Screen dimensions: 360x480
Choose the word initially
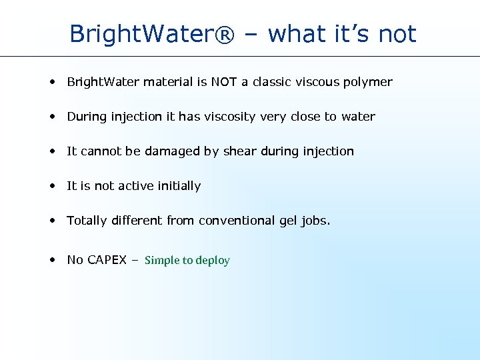pyautogui.click(x=178, y=186)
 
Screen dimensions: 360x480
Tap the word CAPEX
pyautogui.click(x=106, y=260)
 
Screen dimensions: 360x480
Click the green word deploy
pyautogui.click(x=213, y=261)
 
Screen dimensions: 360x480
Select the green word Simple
pyautogui.click(x=162, y=261)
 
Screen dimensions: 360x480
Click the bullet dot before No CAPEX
pyautogui.click(x=51, y=260)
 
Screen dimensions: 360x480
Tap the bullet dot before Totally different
pyautogui.click(x=51, y=221)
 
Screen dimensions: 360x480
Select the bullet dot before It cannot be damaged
pyautogui.click(x=51, y=151)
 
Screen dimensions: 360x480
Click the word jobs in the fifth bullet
pyautogui.click(x=315, y=221)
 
